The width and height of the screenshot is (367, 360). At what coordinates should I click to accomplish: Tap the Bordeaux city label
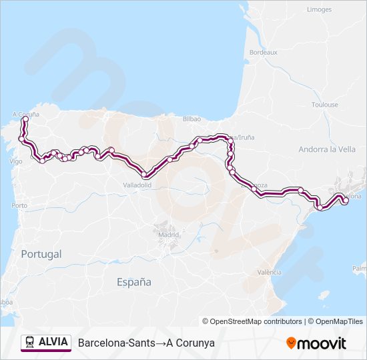click(x=263, y=52)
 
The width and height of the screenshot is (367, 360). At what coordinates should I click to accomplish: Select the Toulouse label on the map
click(x=324, y=105)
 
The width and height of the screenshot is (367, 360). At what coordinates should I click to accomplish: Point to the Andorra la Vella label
click(x=327, y=149)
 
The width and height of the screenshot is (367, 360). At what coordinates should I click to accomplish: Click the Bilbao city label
click(x=192, y=118)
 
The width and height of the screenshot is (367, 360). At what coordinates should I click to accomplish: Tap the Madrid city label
click(x=168, y=235)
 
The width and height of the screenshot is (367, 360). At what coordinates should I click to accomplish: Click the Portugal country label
click(x=41, y=254)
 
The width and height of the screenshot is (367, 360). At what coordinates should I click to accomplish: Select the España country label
click(x=133, y=282)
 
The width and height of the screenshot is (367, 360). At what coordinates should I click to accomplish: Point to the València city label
click(x=269, y=272)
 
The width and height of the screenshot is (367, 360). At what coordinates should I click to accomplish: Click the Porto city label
click(x=19, y=205)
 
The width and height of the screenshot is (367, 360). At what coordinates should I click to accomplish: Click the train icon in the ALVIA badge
click(x=29, y=343)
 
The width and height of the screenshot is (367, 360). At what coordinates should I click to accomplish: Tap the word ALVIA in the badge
click(x=53, y=342)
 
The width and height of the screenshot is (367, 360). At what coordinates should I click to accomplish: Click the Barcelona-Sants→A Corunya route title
click(x=146, y=343)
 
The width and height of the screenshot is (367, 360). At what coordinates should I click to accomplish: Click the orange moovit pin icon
click(x=291, y=343)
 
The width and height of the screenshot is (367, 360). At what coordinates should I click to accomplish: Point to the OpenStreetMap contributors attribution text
click(x=252, y=321)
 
